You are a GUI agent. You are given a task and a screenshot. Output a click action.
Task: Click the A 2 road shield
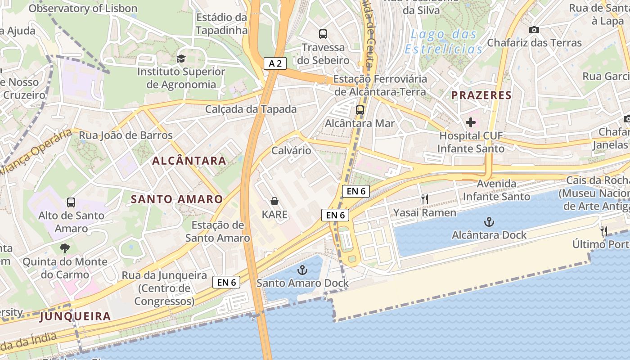[x=275, y=63]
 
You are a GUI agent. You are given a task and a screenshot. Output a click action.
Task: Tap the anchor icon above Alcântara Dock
[x=489, y=221]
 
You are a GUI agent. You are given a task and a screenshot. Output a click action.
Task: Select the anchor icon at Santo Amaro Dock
[x=302, y=270]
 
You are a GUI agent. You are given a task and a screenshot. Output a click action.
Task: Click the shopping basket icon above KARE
[x=274, y=201]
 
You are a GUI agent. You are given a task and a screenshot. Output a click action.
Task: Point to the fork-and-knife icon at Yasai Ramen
[x=424, y=199]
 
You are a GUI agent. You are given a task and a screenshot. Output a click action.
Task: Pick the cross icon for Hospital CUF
[x=471, y=122]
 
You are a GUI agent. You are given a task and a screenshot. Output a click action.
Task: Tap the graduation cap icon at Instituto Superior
[x=181, y=58]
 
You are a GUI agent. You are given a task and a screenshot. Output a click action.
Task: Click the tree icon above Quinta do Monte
[x=65, y=248]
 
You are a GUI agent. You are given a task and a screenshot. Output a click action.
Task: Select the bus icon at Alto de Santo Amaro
[x=71, y=202]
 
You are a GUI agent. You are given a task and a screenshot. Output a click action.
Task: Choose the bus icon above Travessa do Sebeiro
[x=323, y=34]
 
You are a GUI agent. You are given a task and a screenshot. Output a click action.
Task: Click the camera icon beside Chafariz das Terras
[x=534, y=30]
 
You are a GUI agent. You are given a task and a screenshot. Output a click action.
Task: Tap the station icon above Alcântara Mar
[x=360, y=110]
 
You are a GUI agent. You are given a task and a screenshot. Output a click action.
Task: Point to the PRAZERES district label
[x=481, y=95]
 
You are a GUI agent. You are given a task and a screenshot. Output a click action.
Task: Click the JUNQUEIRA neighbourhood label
[x=75, y=316]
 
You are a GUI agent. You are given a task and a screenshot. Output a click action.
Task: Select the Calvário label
[x=291, y=150]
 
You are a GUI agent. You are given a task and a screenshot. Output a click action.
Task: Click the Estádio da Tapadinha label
[x=222, y=24]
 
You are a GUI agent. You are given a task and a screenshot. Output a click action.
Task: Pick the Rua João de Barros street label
[x=126, y=135]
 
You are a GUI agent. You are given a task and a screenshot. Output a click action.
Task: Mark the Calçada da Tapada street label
[x=251, y=109]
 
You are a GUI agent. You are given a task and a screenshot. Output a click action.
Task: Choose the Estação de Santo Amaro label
[x=218, y=231]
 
